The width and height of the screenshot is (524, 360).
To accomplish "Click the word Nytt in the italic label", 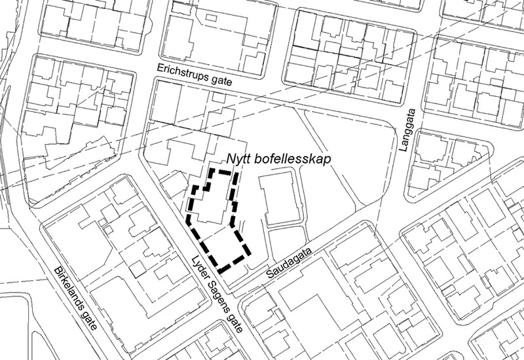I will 240,159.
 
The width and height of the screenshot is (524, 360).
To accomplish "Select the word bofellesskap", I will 295,159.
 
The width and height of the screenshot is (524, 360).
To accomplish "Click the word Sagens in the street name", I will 212,290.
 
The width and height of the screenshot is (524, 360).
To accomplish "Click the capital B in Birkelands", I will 54,270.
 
